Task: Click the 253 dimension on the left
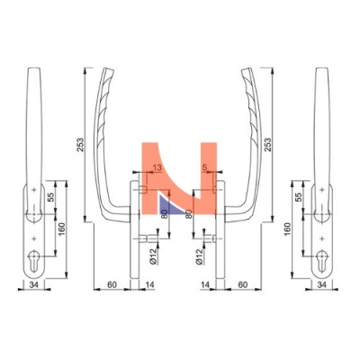(x=80, y=146)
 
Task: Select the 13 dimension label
(x=157, y=168)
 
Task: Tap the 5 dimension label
(x=205, y=168)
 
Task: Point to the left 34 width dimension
(x=34, y=284)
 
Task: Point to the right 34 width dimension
(x=322, y=284)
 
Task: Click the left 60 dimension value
(x=112, y=284)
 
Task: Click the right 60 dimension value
(x=243, y=284)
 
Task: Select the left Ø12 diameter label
(x=153, y=256)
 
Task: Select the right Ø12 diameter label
(x=200, y=256)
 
